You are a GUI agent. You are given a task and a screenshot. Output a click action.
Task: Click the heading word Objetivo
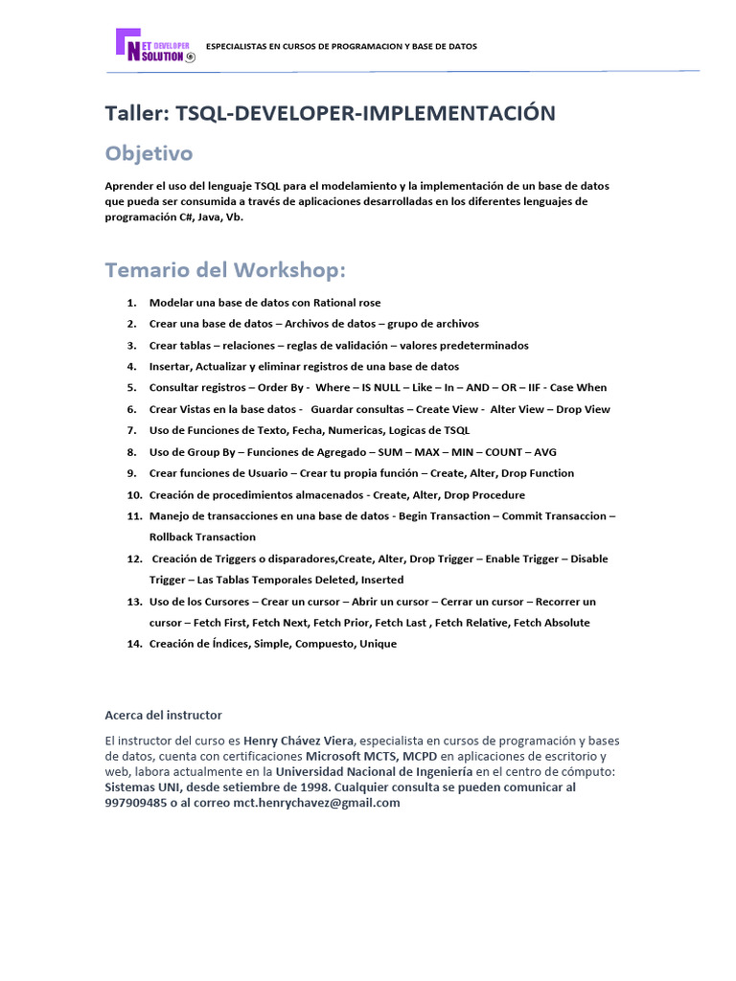click(149, 153)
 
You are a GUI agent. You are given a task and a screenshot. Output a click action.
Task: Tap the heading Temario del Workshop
click(225, 271)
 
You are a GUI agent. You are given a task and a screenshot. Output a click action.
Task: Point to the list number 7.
click(131, 430)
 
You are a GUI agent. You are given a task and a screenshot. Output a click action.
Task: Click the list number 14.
click(134, 644)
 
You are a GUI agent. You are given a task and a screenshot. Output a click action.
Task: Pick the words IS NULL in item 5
click(381, 388)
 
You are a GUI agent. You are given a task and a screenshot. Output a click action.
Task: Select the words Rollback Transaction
click(202, 536)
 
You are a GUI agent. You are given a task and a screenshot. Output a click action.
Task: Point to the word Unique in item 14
click(378, 644)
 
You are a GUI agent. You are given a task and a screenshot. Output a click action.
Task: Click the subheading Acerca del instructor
click(163, 715)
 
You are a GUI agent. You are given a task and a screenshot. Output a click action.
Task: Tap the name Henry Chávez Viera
click(299, 741)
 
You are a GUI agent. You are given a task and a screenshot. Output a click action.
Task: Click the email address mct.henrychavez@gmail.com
click(316, 803)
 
